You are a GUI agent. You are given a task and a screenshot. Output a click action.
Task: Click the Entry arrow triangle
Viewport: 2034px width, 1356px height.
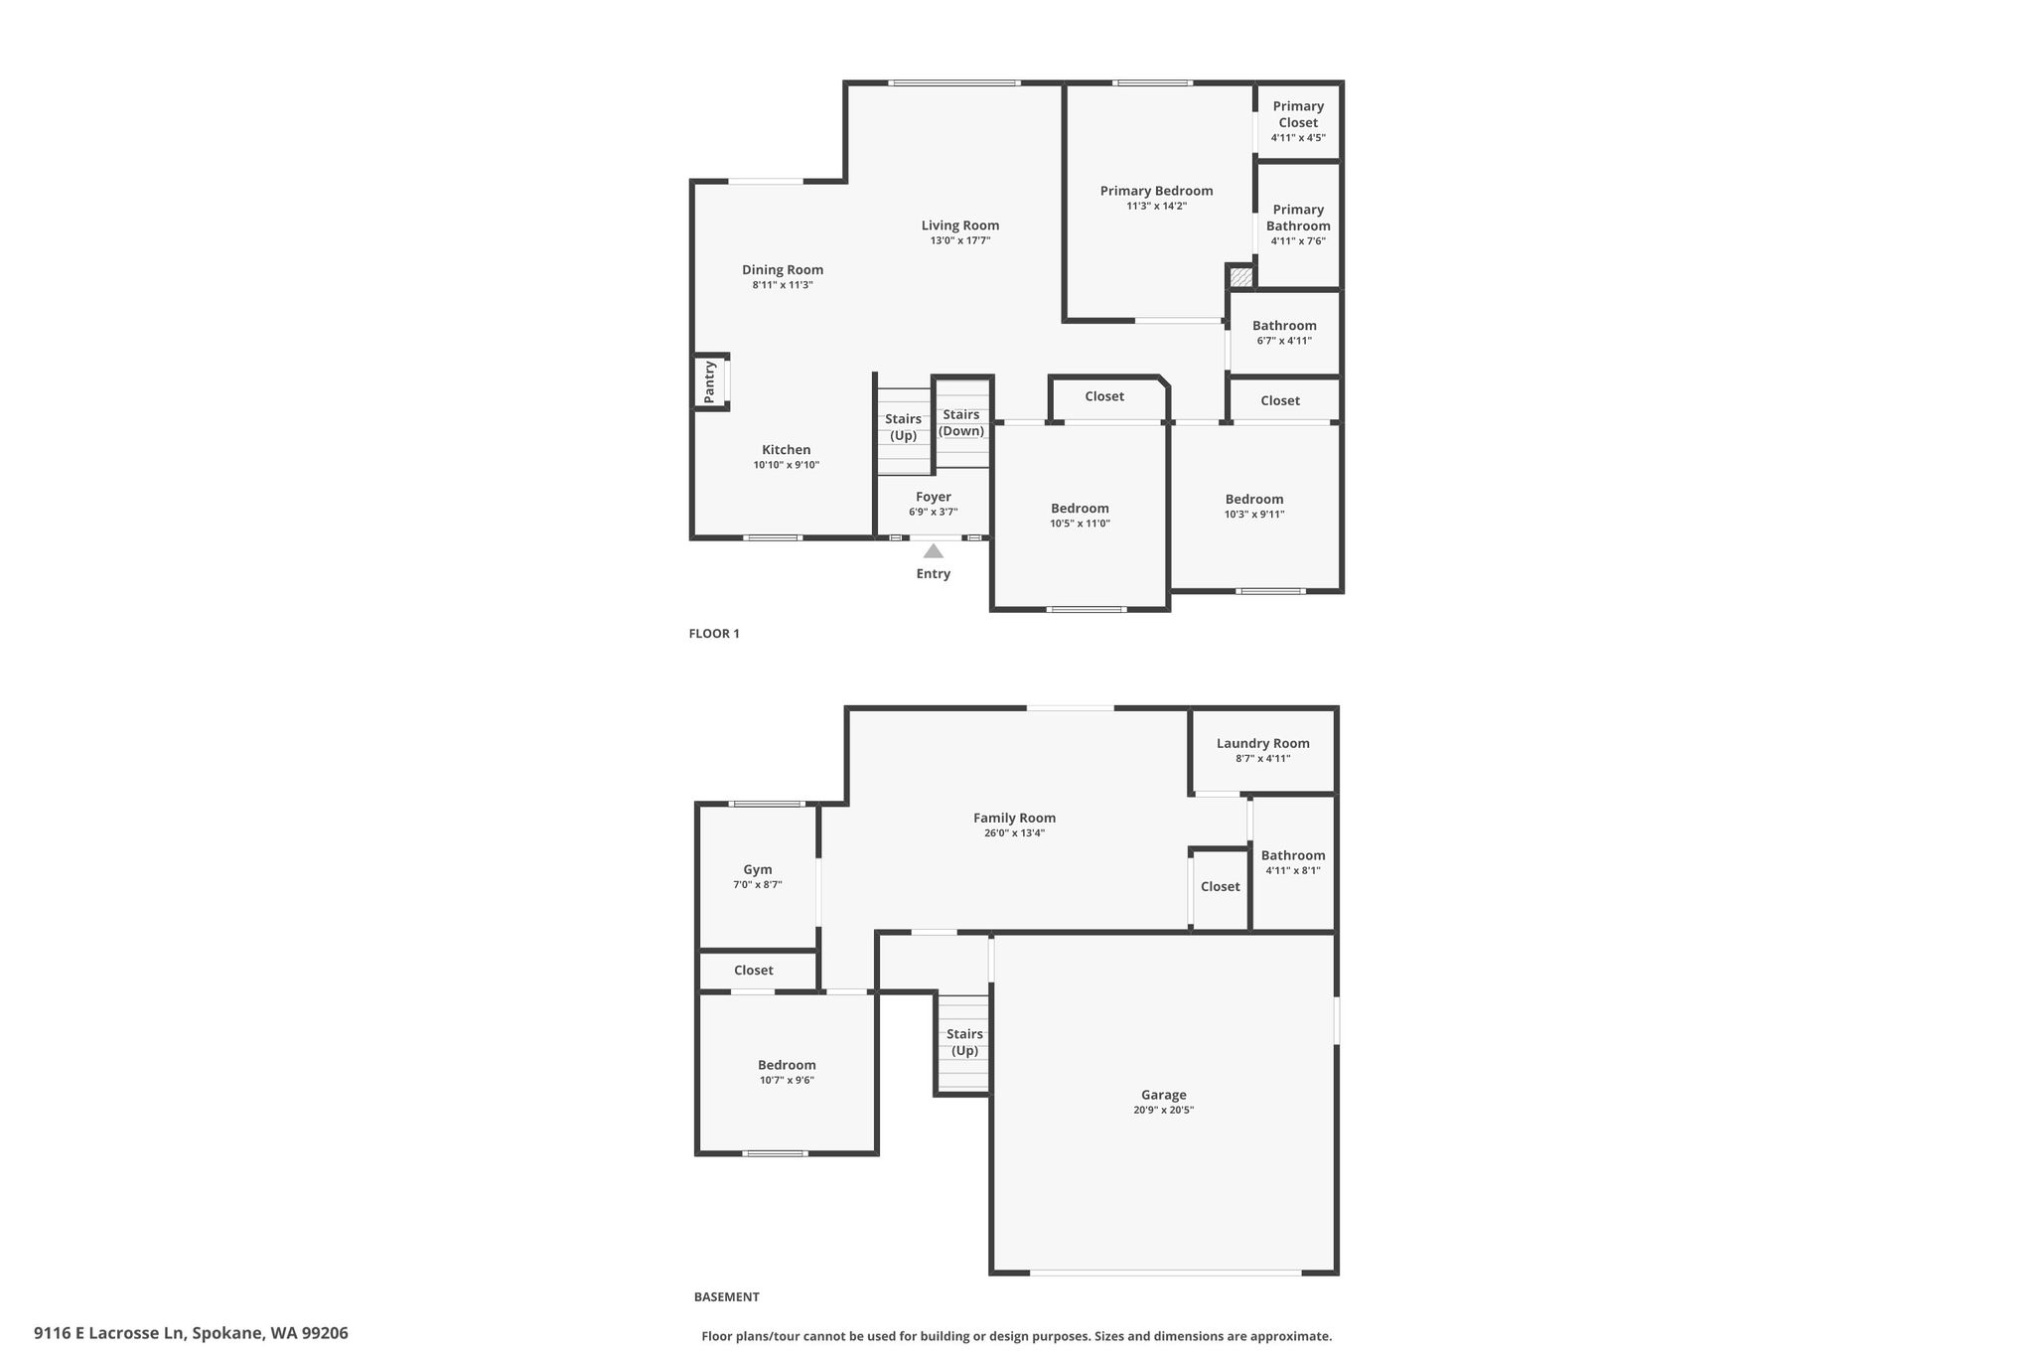(x=934, y=551)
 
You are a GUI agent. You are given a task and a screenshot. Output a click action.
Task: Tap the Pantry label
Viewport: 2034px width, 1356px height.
(x=709, y=381)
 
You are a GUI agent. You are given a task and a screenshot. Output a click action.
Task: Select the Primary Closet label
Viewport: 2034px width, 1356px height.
(x=1298, y=114)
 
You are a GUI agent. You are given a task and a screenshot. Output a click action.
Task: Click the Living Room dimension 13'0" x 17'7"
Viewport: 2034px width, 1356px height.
(x=960, y=240)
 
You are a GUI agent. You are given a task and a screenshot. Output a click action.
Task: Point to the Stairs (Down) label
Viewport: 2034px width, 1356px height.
(x=961, y=422)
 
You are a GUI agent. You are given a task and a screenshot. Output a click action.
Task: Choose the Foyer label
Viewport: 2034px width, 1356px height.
(x=934, y=497)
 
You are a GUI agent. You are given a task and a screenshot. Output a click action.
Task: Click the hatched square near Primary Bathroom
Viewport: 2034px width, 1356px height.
(x=1240, y=277)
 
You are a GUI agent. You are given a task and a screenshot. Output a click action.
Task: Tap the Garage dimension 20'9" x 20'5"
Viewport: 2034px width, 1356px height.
(x=1163, y=1111)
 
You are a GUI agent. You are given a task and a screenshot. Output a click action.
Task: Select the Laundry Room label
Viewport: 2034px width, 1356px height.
(x=1263, y=743)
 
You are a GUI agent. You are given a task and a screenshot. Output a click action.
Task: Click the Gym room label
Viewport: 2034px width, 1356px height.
(x=758, y=869)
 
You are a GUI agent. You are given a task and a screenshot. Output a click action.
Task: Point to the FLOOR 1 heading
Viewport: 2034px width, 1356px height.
(x=714, y=634)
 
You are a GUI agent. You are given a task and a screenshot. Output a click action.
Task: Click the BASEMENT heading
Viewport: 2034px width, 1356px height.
(x=726, y=1296)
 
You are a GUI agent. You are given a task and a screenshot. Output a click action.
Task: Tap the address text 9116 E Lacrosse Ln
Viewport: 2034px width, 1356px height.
(x=109, y=1333)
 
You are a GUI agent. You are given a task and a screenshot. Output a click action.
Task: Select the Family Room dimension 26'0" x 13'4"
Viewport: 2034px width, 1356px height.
(x=1014, y=833)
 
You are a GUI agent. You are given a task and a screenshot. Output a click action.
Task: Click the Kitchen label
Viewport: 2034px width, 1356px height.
(x=787, y=450)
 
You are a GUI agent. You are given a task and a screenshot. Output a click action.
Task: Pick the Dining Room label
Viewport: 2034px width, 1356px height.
(x=783, y=270)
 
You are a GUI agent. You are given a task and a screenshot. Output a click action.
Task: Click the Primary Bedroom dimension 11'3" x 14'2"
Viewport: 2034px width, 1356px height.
(x=1157, y=207)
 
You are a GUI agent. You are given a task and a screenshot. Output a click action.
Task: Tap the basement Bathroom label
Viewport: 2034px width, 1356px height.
(x=1293, y=855)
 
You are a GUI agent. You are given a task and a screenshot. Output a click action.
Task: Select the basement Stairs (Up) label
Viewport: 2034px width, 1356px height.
(x=964, y=1042)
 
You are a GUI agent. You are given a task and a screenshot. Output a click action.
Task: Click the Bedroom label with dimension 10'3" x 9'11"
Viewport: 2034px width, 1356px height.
(x=1254, y=500)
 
